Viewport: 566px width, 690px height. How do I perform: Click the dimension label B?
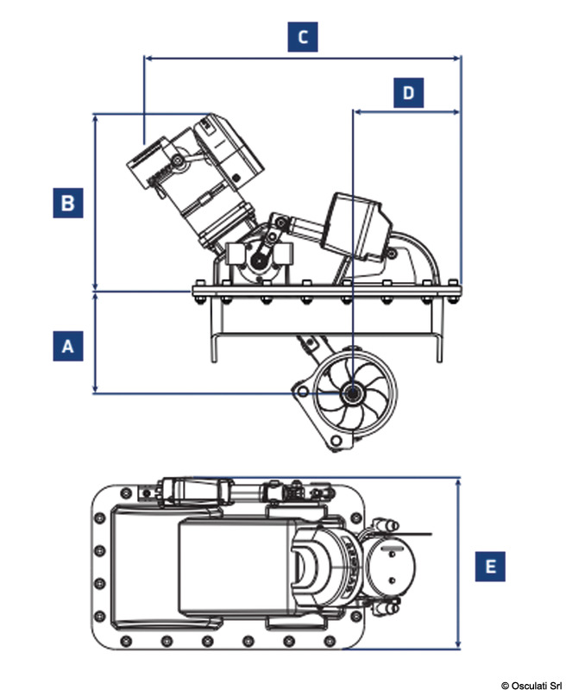[67, 203]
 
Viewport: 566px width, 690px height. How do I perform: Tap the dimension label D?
[408, 91]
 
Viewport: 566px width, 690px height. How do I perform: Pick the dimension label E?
[491, 567]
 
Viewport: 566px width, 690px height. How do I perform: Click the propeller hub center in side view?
[353, 393]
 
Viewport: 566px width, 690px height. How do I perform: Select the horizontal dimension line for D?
[406, 111]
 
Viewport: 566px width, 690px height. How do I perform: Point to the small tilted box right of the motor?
[355, 226]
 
